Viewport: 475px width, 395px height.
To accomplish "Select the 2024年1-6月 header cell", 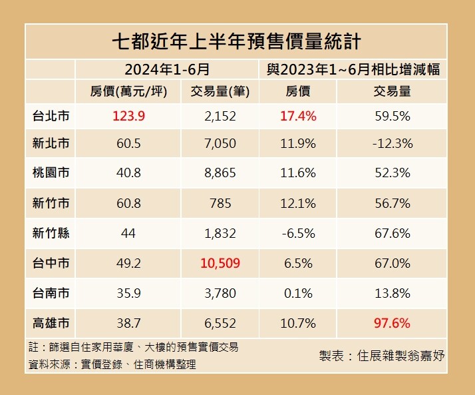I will click(x=167, y=69).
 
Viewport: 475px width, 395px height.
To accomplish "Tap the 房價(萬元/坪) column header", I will click(x=128, y=92).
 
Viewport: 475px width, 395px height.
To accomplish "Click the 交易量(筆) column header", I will click(x=220, y=92).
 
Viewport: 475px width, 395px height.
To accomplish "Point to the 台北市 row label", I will click(x=51, y=117).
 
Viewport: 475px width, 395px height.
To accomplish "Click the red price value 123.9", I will click(x=128, y=117).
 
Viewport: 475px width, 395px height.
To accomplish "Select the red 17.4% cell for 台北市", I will click(x=297, y=117).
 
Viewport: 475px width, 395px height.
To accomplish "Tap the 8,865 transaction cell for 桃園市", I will click(x=220, y=173).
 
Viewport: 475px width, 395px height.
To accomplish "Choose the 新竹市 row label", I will click(x=51, y=202).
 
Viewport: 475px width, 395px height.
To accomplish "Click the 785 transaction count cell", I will click(x=220, y=202).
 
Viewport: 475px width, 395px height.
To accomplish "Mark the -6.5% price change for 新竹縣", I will click(x=297, y=232).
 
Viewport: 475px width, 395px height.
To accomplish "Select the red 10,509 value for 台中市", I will click(x=220, y=263).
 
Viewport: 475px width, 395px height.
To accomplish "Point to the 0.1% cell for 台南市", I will click(x=297, y=293).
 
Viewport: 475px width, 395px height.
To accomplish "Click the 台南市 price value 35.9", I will click(x=128, y=293).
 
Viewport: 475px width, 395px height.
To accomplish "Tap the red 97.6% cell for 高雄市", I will click(x=392, y=323).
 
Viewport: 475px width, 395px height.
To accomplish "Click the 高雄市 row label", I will click(x=51, y=323).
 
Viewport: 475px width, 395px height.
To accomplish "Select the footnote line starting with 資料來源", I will click(x=112, y=364).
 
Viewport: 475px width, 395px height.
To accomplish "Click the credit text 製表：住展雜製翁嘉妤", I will click(x=382, y=355).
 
